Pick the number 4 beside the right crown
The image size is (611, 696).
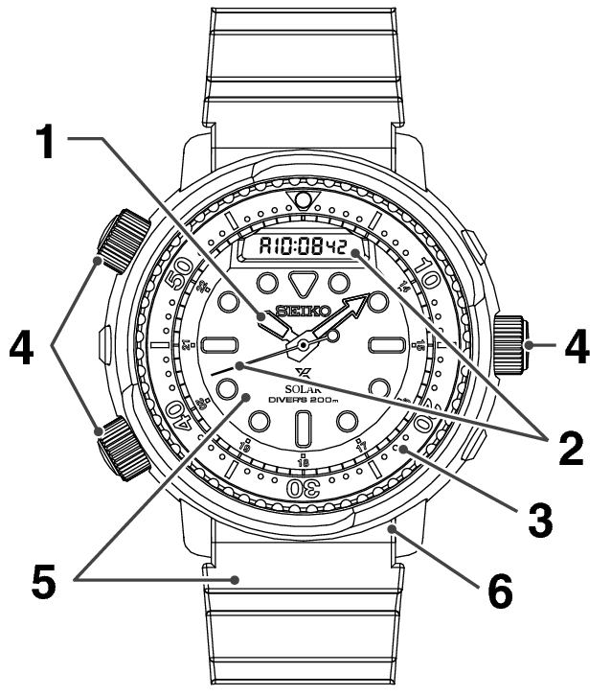[x=575, y=347]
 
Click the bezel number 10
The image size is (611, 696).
[x=428, y=279]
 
